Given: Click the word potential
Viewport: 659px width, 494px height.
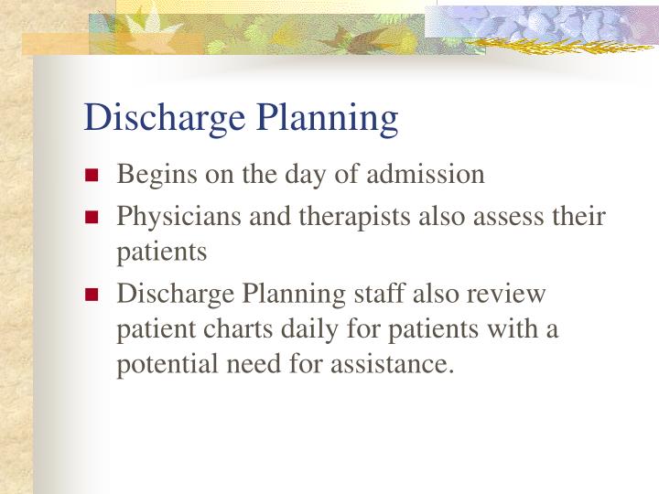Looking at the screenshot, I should click(x=162, y=364).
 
